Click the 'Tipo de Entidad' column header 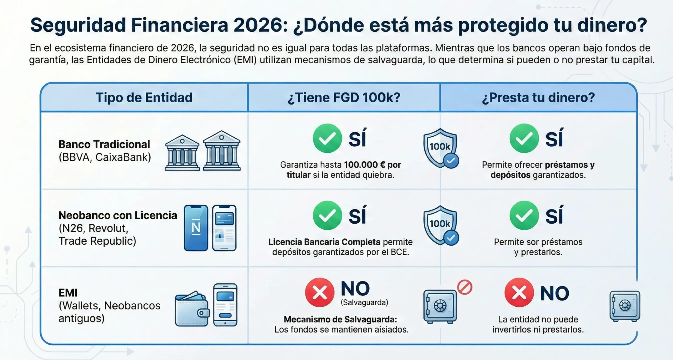coord(144,97)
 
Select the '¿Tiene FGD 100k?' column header coord(344,97)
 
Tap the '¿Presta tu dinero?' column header coord(538,97)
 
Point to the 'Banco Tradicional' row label coord(104,144)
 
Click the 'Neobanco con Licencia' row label coord(118,215)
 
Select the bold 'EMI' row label coord(68,293)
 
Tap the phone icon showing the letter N coord(196,228)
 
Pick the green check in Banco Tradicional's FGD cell coord(327,138)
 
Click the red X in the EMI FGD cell coord(319,292)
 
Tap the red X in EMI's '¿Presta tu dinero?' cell coord(519,292)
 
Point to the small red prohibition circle coord(465,287)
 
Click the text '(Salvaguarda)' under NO coord(364,302)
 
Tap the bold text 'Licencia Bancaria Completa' coord(324,242)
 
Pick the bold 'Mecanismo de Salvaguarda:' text coord(340,319)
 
